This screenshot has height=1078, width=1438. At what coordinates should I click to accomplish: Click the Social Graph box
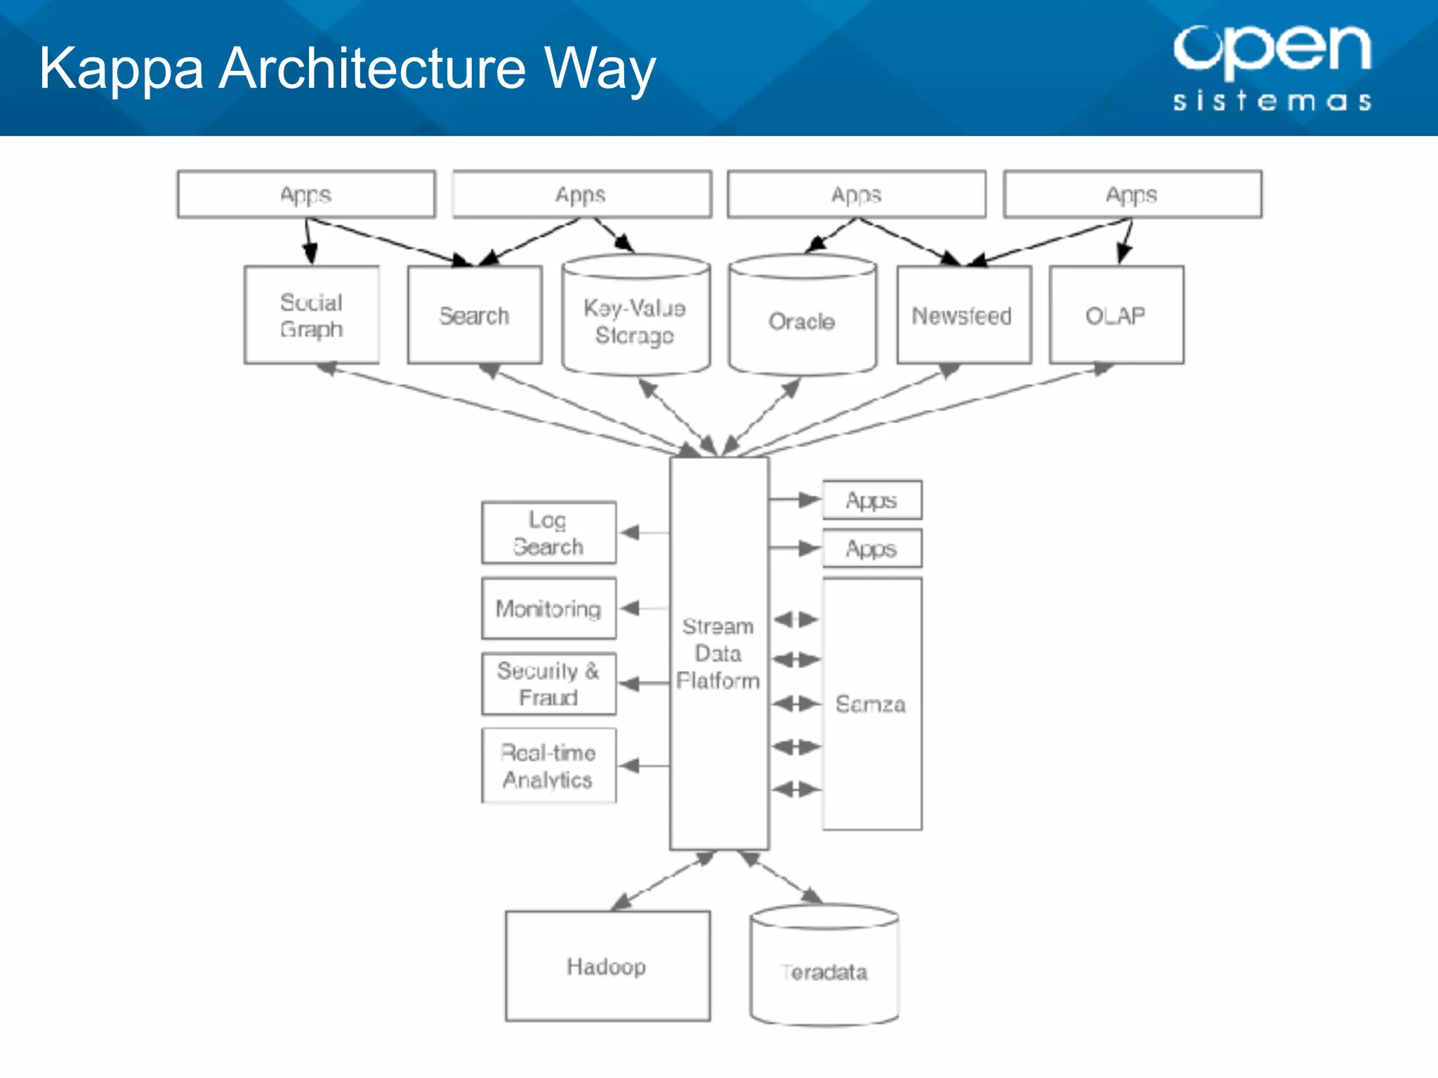312,315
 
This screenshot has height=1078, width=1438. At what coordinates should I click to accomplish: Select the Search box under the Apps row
475,315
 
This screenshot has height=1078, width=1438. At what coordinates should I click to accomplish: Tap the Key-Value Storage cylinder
635,321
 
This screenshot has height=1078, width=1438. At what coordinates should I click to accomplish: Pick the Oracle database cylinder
802,321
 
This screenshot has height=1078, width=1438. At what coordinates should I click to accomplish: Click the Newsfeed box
963,315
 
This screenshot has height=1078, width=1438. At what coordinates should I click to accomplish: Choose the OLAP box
1116,315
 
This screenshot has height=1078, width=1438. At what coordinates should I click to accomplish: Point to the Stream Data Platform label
718,653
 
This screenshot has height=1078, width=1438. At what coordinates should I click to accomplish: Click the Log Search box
548,533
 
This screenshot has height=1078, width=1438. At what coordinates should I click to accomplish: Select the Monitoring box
548,608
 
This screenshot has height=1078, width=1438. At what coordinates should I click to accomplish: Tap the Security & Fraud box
548,684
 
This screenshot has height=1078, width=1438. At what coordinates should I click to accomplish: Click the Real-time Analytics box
548,766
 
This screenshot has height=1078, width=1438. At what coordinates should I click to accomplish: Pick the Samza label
871,704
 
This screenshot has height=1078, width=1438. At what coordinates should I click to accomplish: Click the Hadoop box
607,966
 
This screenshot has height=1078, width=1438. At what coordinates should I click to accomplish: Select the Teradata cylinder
824,972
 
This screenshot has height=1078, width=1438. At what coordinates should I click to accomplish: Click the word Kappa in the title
121,69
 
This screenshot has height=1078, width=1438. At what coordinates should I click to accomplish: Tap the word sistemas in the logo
1272,101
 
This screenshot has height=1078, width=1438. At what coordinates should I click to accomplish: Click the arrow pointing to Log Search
645,533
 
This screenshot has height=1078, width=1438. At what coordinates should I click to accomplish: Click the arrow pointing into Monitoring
645,608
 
